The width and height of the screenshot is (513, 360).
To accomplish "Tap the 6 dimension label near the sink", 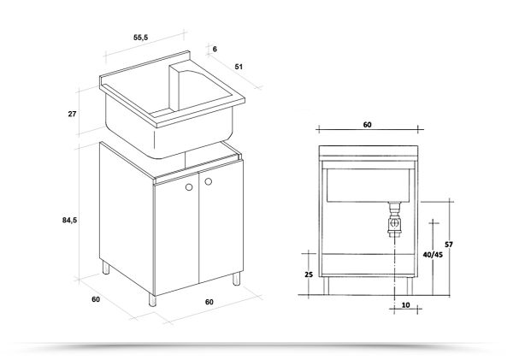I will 215,50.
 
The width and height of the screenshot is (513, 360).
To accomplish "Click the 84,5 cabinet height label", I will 71,220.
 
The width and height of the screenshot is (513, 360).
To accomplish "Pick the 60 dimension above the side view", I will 367,125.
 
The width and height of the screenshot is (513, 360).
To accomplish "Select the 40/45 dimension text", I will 433,255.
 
